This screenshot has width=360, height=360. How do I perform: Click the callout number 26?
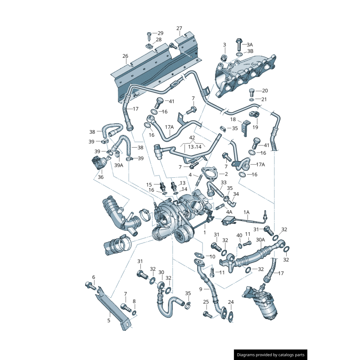click(x=125, y=56)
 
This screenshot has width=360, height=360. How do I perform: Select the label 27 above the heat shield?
click(x=179, y=29)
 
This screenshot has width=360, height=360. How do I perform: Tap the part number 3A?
click(x=250, y=45)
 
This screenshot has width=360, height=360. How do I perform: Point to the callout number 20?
click(x=265, y=91)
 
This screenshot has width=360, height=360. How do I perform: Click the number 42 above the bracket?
click(x=192, y=137)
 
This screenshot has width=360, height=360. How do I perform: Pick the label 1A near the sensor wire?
click(x=247, y=211)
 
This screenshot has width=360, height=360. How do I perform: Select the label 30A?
click(x=260, y=240)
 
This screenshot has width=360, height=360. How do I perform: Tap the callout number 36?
click(x=100, y=177)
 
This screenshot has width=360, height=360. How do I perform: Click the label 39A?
click(x=118, y=166)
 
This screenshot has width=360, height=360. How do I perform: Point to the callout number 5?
click(x=108, y=320)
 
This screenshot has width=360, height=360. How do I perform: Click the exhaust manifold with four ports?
click(x=245, y=74)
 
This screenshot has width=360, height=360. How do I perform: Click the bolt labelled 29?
click(x=149, y=34)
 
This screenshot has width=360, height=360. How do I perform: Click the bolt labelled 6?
click(x=90, y=285)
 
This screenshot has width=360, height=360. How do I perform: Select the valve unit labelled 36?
click(x=99, y=162)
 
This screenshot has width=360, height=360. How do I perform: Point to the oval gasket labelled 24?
click(x=230, y=316)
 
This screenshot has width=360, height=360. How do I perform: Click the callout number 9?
click(x=201, y=289)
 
